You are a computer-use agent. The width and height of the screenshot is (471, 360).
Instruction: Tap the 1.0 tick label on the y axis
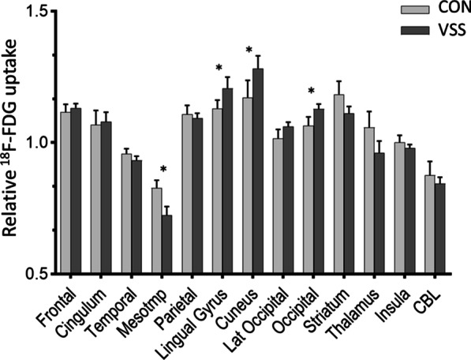(39, 143)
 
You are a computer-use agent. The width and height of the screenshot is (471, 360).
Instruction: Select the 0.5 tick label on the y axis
(39, 274)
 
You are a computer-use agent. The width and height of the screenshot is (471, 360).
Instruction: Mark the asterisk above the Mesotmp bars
(163, 170)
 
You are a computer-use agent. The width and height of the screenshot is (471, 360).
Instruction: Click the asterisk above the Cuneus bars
(249, 51)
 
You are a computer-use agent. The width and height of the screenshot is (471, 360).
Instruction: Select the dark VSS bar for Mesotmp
(166, 245)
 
